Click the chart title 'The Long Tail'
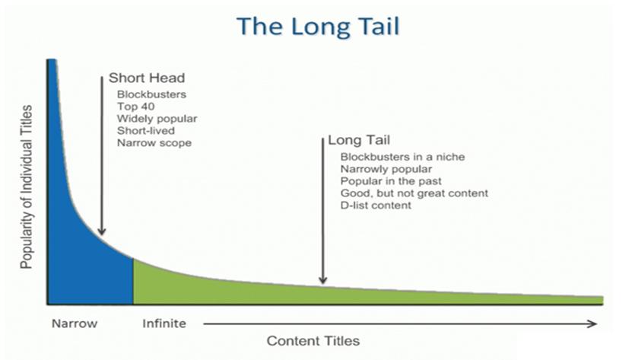click(318, 26)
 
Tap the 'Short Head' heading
click(147, 78)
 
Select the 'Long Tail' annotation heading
click(359, 140)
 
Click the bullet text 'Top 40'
click(136, 107)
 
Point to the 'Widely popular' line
click(157, 119)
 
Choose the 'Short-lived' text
click(146, 131)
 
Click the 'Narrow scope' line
click(154, 143)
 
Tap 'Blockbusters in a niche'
click(402, 157)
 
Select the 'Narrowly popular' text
click(386, 169)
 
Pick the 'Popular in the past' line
click(391, 181)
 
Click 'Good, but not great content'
click(414, 193)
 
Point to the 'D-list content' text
click(376, 205)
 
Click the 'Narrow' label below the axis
click(75, 323)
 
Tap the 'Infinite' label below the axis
click(164, 323)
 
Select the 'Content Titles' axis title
click(313, 341)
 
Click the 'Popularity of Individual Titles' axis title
click(26, 187)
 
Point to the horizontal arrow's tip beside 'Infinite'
click(596, 323)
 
